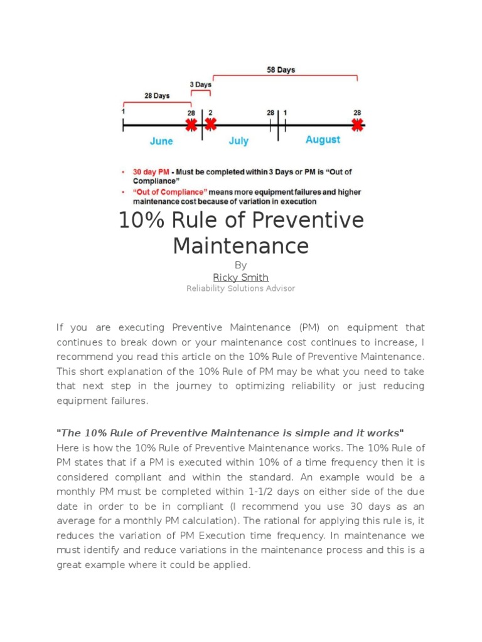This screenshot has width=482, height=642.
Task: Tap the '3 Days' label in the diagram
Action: point(200,84)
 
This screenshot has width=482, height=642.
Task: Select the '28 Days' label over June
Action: point(157,96)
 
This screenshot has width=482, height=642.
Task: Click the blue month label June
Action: point(161,142)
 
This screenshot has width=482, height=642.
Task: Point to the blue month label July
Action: point(238,142)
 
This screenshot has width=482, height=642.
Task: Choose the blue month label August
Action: point(323,140)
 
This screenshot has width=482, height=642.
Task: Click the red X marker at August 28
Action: point(357,125)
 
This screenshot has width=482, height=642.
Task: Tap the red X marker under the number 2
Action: point(210,124)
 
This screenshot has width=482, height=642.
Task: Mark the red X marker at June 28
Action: point(191,125)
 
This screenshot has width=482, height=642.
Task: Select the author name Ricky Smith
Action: point(240,277)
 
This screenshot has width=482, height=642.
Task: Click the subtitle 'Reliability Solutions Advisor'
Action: point(240,288)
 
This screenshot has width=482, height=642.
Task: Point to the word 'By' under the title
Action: point(240,265)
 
